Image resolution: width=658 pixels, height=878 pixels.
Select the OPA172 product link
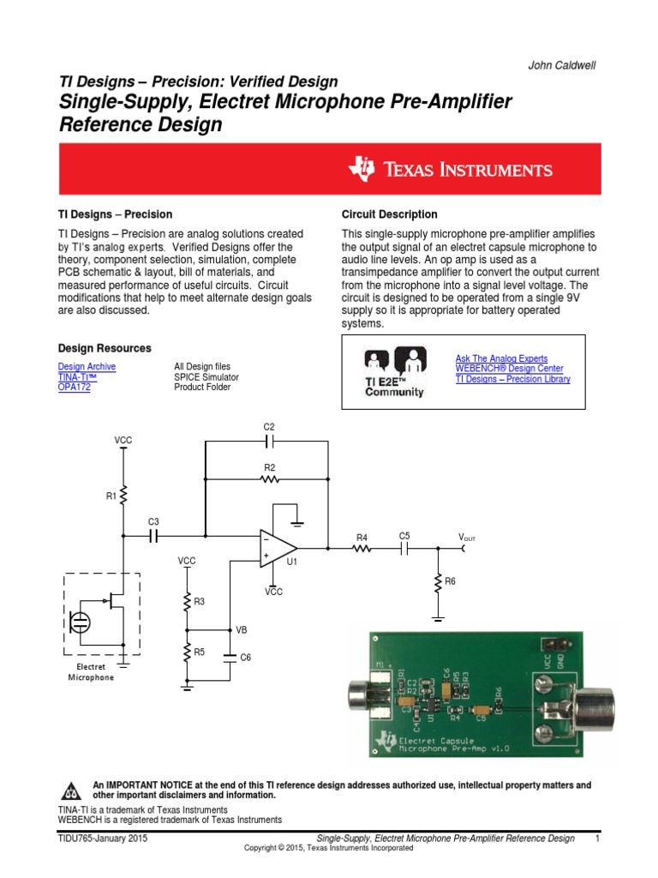[74, 387]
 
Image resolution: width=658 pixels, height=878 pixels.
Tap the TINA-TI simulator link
[77, 376]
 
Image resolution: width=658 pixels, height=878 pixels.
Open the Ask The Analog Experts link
[501, 358]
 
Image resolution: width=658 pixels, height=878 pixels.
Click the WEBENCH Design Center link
[509, 369]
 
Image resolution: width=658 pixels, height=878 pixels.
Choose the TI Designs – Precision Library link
[512, 379]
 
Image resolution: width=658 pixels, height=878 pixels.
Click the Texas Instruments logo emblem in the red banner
[362, 169]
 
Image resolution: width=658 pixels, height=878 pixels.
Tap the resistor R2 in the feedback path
[269, 479]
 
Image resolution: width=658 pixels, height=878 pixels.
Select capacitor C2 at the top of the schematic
[269, 442]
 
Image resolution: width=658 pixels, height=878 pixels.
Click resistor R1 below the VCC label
[123, 496]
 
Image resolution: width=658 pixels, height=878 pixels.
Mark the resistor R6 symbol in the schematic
[438, 581]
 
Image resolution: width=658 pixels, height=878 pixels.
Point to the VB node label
[242, 629]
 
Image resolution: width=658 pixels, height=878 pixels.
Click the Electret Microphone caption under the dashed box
[91, 671]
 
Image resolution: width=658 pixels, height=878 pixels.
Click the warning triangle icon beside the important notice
[73, 790]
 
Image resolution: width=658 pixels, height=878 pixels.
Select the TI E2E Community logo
[394, 372]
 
